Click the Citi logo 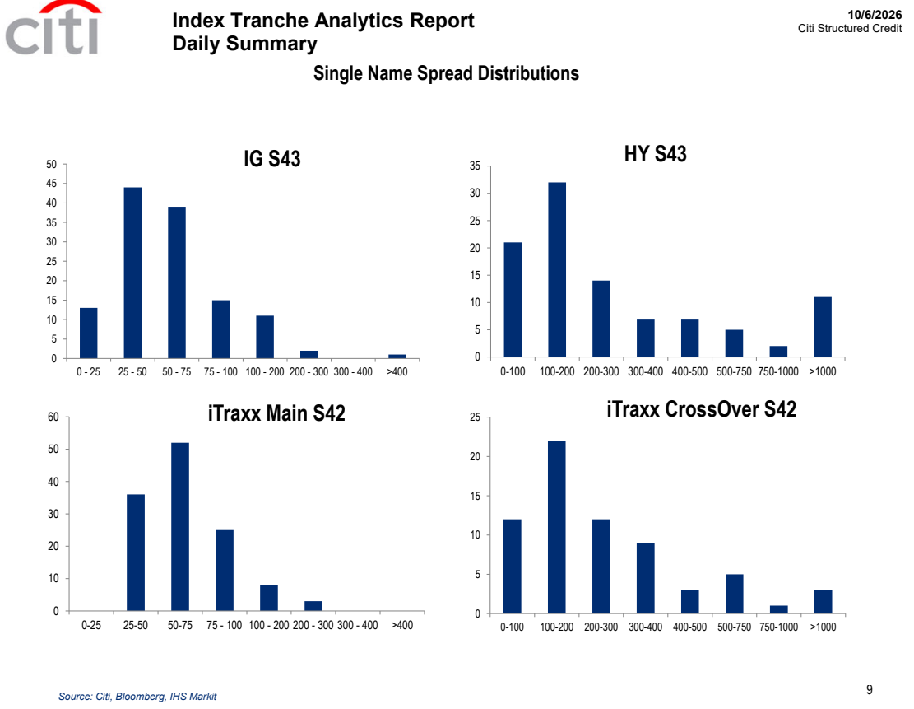tap(53, 28)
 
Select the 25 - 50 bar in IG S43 tap(132, 273)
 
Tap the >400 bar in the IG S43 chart tap(397, 356)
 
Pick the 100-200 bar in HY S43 tap(557, 269)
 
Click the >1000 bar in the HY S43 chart tap(823, 327)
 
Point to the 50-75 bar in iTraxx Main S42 tap(180, 527)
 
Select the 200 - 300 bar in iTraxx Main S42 tap(313, 606)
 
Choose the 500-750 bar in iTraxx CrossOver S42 tap(735, 594)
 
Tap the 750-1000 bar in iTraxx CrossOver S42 tap(779, 610)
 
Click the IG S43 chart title tap(272, 159)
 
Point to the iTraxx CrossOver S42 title tap(701, 409)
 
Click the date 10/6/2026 tap(875, 15)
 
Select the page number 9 tap(869, 690)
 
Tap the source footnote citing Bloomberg tap(137, 696)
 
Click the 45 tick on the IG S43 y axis tap(51, 184)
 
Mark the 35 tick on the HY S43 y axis tap(475, 166)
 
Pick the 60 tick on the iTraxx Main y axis tap(53, 417)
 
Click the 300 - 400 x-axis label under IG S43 tap(353, 371)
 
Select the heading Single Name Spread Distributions tap(446, 73)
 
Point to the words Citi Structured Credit tap(850, 28)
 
